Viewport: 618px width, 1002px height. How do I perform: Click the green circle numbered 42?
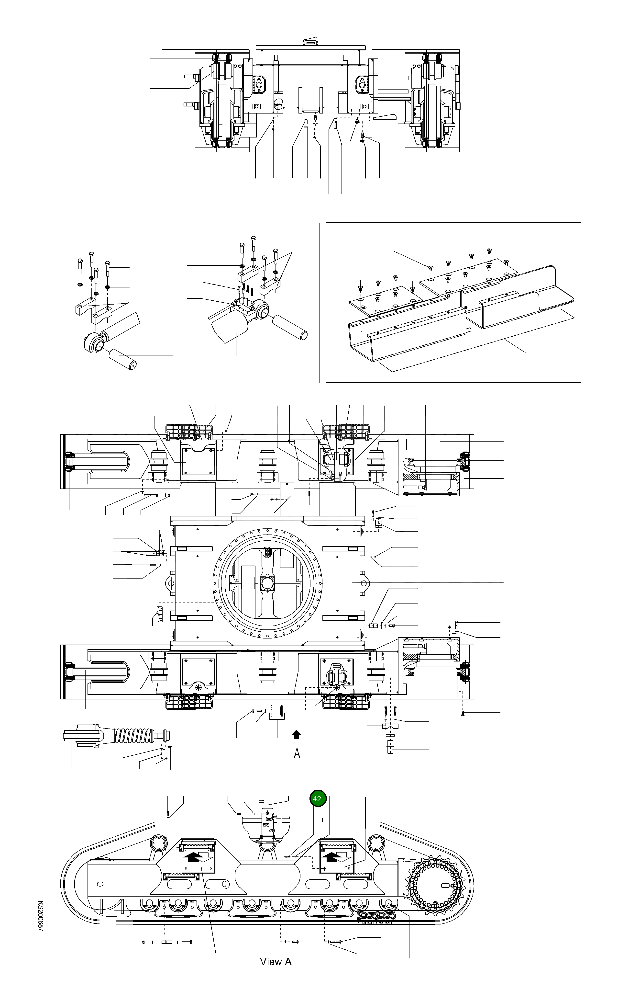(x=317, y=798)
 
